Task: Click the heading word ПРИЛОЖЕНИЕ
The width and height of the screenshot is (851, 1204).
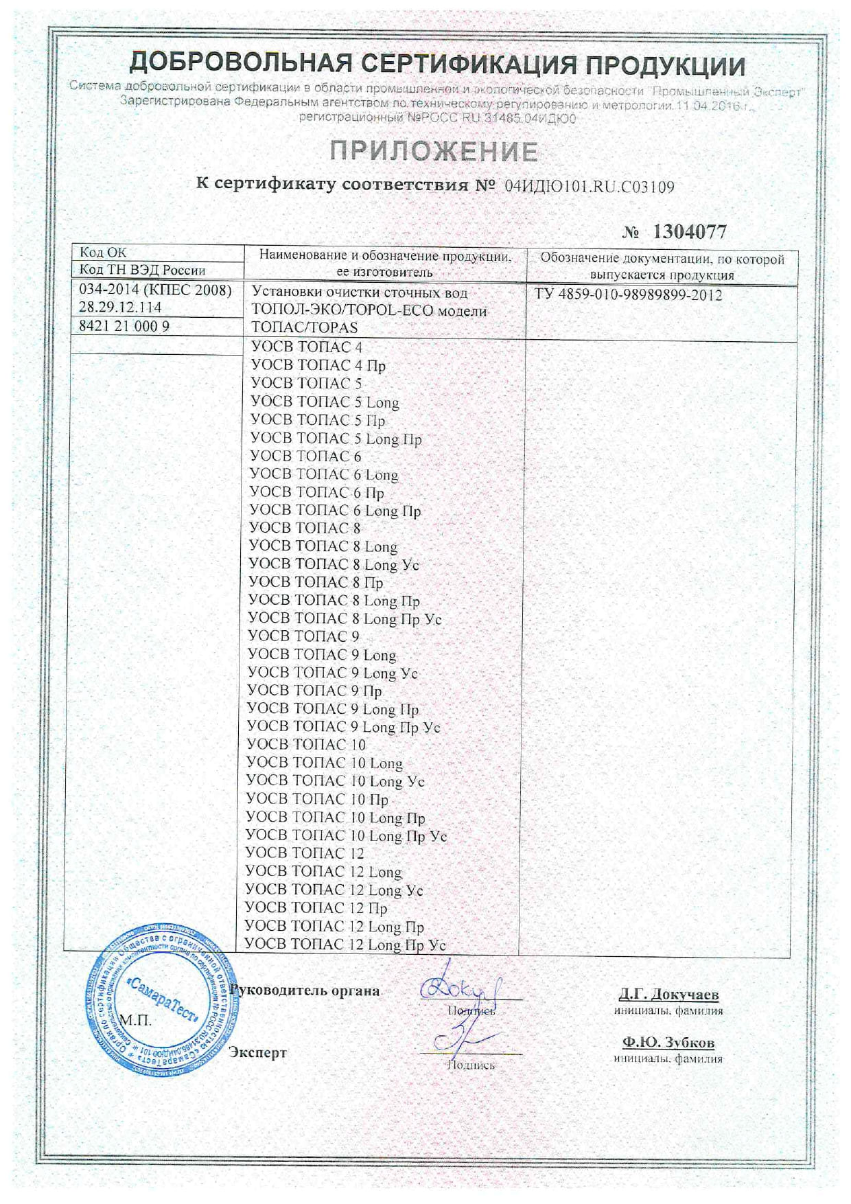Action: [x=434, y=151]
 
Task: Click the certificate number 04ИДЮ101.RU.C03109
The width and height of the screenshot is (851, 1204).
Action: [x=590, y=186]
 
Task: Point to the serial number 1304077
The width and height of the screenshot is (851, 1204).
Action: [x=689, y=232]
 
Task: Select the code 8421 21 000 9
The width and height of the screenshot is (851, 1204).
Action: [x=124, y=326]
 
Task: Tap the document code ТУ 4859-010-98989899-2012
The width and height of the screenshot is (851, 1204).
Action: [x=628, y=295]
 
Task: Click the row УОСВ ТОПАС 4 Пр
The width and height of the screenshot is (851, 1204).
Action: [x=318, y=365]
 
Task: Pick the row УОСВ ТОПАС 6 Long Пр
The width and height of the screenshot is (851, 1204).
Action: [x=335, y=510]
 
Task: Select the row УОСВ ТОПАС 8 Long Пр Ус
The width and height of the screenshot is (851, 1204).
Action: [x=345, y=618]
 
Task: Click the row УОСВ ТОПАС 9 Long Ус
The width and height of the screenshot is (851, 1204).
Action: [x=333, y=673]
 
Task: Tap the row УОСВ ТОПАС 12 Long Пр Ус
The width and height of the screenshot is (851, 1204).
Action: [x=345, y=945]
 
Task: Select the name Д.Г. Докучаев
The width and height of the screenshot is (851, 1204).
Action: [x=668, y=994]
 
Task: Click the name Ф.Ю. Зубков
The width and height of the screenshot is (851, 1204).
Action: [x=668, y=1043]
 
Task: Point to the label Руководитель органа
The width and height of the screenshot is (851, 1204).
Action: [x=305, y=990]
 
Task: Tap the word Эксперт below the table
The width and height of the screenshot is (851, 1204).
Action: [x=257, y=1052]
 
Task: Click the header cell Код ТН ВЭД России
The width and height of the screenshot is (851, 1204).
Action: [x=143, y=270]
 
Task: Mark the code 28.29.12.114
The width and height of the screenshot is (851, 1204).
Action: [x=120, y=308]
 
